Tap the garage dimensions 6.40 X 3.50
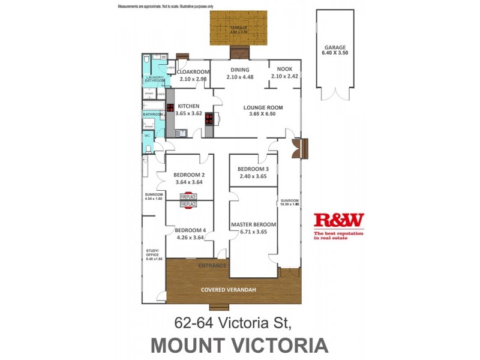[x=334, y=52]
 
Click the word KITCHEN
[x=188, y=106]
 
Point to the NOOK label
[x=284, y=70]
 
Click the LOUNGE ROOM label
[x=263, y=108]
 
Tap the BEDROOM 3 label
[x=253, y=169]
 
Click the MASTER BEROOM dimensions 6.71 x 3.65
[x=253, y=232]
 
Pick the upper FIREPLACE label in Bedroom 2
[x=189, y=196]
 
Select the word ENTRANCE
[x=213, y=266]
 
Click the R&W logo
[x=339, y=221]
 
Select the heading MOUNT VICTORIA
[x=239, y=346]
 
